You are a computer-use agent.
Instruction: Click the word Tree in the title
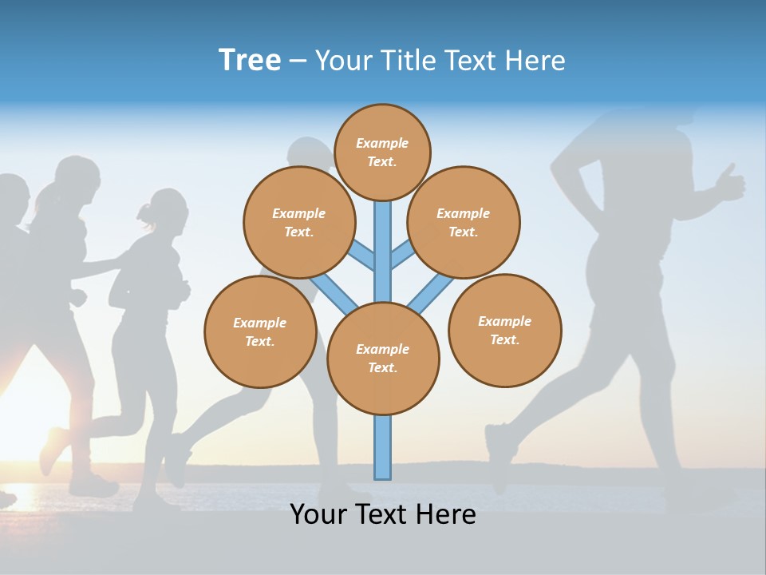point(250,60)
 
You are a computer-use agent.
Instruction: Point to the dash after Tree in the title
point(298,61)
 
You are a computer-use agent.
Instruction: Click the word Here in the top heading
point(535,60)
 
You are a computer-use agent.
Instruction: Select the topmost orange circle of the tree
point(382,152)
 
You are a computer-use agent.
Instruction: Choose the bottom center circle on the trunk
point(383,359)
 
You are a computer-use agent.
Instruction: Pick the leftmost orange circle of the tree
point(260,332)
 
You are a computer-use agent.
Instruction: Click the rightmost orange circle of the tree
point(504,331)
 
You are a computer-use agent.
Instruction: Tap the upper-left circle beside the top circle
point(299,222)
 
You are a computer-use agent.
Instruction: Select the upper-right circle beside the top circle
point(464,222)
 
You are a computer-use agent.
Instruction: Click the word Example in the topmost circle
point(382,143)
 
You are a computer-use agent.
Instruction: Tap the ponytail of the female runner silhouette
point(144,212)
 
